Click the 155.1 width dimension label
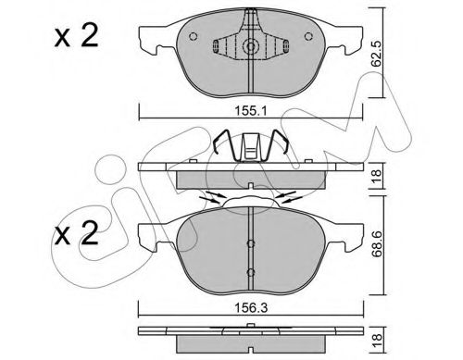click(251, 111)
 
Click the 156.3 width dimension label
click(251, 308)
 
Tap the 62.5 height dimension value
click(376, 54)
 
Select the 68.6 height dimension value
click(377, 245)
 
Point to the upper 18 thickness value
click(377, 176)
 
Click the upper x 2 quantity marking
click(77, 36)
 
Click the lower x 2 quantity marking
click(77, 233)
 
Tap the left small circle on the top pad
click(194, 36)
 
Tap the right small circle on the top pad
click(308, 36)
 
